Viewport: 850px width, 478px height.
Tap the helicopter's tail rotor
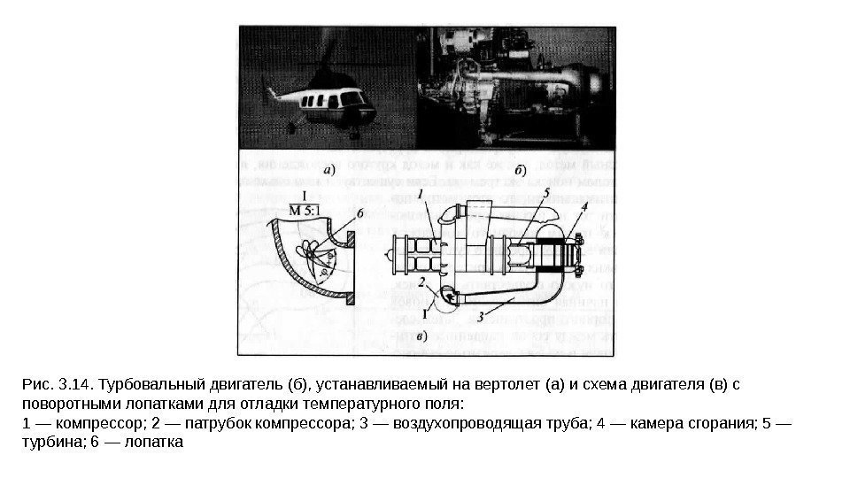pos(271,90)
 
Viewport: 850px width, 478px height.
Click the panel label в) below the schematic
pos(422,337)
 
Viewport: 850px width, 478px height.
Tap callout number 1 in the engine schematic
pos(422,192)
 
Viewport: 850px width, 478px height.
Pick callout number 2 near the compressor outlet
pos(422,282)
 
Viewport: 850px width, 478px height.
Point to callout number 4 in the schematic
pos(583,208)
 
